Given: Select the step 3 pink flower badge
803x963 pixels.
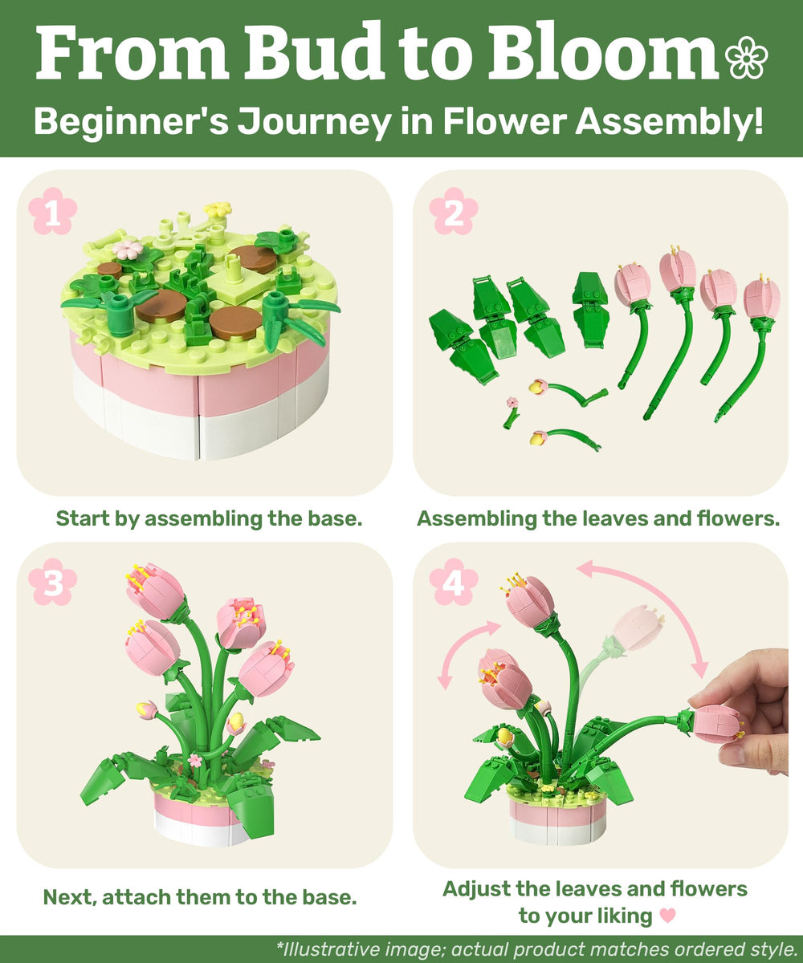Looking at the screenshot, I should pos(53,583).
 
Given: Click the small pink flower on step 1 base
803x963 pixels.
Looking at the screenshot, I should pos(127,249).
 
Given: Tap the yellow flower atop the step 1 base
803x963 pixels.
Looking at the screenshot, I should pos(216,210).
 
